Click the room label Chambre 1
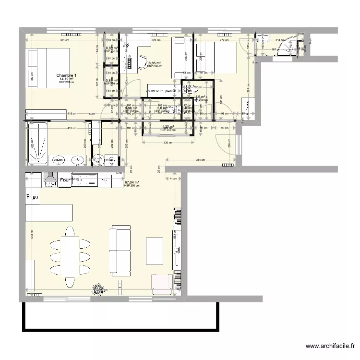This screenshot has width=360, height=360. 66,75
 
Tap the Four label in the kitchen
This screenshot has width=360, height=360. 65,180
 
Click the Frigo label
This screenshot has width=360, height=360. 33,196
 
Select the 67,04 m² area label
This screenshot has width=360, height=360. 132,182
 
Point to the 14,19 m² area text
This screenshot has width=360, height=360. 66,79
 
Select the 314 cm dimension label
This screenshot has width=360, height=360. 201,160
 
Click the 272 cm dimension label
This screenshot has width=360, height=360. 223,40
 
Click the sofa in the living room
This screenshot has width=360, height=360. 120,250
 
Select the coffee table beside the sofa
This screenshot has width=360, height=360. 155,251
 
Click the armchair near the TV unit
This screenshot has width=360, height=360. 161,283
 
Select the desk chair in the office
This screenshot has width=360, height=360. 143,60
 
